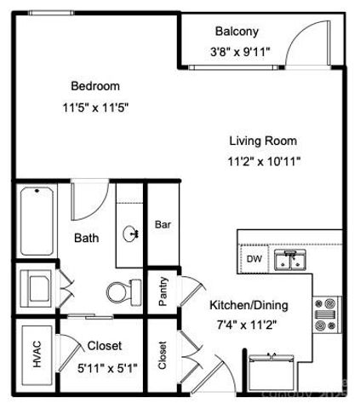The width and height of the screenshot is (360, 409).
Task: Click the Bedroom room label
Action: click(x=94, y=86)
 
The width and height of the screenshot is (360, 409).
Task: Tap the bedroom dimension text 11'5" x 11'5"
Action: click(x=94, y=108)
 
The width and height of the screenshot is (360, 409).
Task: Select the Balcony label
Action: click(x=236, y=32)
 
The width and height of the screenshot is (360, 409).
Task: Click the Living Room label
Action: click(x=263, y=141)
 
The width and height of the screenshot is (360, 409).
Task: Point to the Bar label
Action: click(x=163, y=226)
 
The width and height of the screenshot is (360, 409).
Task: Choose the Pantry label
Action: click(x=163, y=291)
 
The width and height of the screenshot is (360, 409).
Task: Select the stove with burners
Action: click(x=328, y=314)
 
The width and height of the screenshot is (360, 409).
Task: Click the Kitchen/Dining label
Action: click(x=249, y=305)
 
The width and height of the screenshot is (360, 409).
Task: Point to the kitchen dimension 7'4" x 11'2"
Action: click(x=249, y=324)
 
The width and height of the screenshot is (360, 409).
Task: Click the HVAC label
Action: click(x=37, y=350)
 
